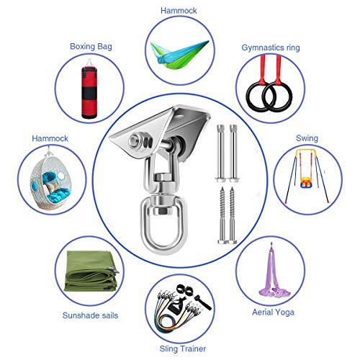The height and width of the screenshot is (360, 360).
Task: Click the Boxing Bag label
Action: pos(91,46)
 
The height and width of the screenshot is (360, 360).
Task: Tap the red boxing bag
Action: pos(89,93)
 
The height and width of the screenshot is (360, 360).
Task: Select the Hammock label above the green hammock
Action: pos(179,11)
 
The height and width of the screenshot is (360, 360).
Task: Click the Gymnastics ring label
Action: pos(271,48)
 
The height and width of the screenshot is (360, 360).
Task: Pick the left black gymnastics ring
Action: pos(248,96)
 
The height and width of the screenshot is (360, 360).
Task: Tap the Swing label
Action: pos(307,138)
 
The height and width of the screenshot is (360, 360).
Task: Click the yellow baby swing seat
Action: pos(305,182)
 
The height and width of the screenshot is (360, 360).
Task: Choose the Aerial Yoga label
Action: pos(273,312)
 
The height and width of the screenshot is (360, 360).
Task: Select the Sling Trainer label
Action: pos(182,348)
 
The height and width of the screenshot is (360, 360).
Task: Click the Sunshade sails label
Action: pos(90,315)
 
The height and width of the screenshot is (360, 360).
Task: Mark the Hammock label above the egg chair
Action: pos(50,138)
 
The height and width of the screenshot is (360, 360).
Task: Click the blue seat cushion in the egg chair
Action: pos(58,194)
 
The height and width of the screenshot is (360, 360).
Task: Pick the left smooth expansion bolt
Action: pos(220,153)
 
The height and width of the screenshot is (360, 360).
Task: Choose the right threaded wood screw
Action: pos(232,215)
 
